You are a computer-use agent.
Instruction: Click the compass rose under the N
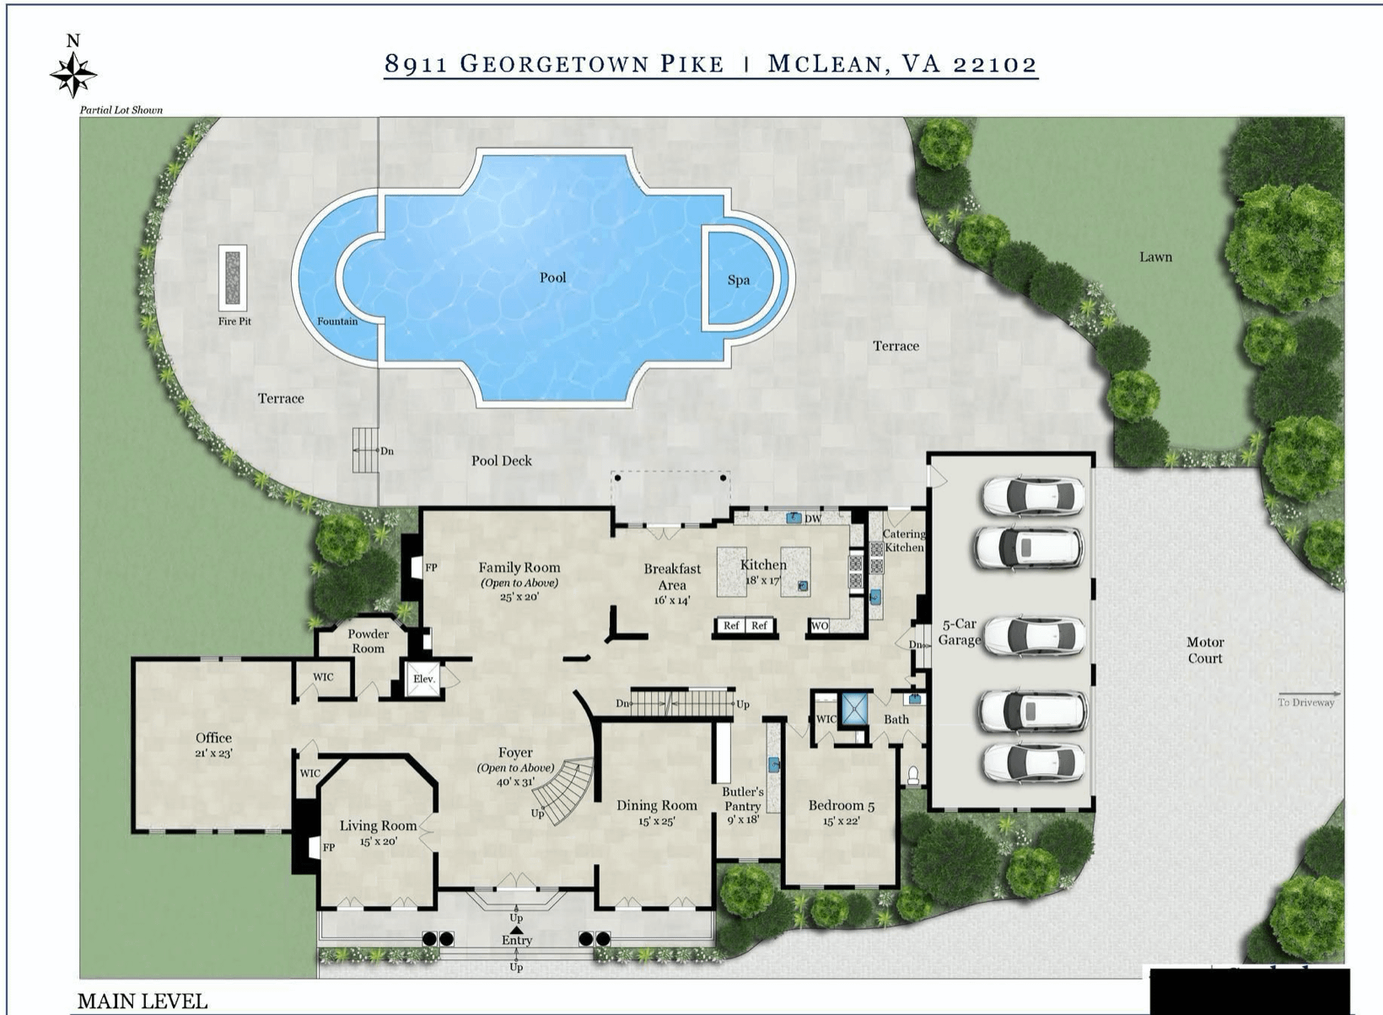pos(73,75)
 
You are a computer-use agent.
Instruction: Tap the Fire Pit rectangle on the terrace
pos(233,278)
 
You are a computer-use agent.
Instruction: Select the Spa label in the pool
pos(739,280)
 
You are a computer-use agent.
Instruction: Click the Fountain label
pos(337,321)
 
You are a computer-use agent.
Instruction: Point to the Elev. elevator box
pos(424,679)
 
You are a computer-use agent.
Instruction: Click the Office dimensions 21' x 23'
pos(213,753)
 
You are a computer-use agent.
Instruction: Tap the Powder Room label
pos(368,641)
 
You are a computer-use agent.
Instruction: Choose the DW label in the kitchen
pos(813,518)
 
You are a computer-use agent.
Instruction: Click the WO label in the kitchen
pos(820,626)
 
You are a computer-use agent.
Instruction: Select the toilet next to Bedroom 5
pos(913,774)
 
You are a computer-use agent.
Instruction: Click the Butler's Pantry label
pos(743,799)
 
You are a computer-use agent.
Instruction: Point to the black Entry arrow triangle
pos(517,929)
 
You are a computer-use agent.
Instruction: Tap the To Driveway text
pos(1305,702)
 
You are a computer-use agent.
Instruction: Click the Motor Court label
pos(1204,650)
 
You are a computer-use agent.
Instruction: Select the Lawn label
pos(1156,257)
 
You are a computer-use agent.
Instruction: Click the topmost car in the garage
pos(1033,495)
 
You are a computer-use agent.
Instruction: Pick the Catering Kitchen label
pos(904,540)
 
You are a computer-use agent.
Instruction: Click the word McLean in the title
pos(826,63)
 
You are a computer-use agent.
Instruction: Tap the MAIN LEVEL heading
pos(142,1001)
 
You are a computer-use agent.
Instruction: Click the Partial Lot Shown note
pos(121,110)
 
